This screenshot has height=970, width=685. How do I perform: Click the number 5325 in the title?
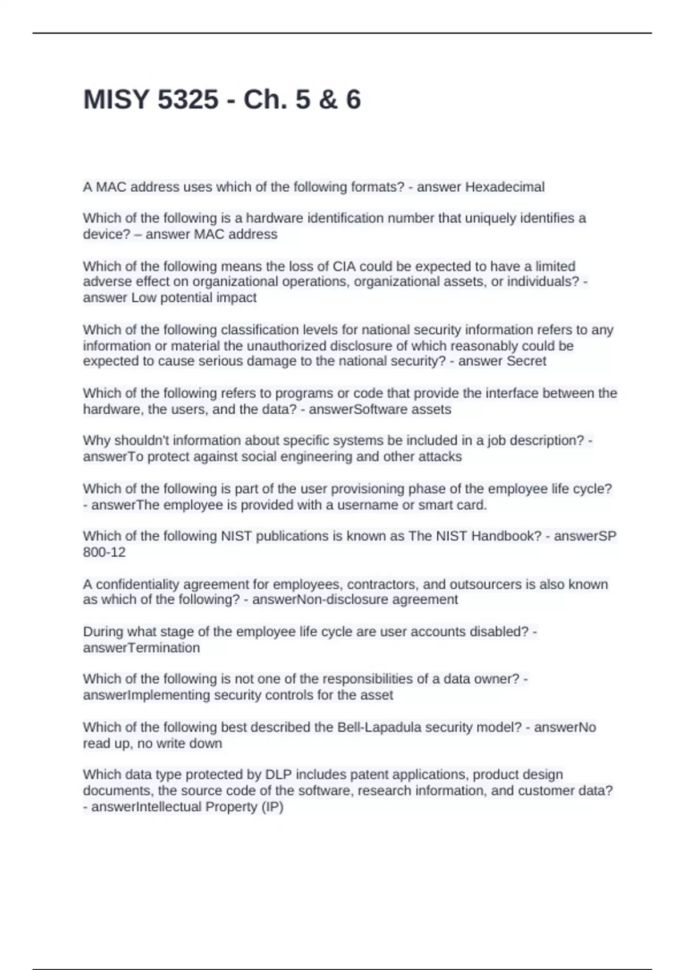coord(187,100)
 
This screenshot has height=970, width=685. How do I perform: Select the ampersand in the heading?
coord(327,100)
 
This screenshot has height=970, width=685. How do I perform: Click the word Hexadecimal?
coord(505,187)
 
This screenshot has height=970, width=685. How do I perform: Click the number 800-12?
coord(104,552)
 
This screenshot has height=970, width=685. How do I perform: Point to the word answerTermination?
coord(141,648)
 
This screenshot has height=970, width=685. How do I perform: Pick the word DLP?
coord(279,775)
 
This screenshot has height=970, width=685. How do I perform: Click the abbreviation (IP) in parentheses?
coord(272,807)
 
